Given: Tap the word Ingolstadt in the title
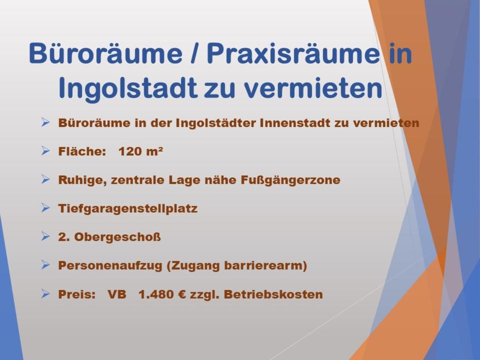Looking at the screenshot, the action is click(x=127, y=89).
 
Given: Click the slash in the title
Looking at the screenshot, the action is click(x=194, y=53).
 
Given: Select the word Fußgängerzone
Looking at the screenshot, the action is click(x=290, y=180).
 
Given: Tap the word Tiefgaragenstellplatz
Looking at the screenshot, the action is click(x=127, y=209).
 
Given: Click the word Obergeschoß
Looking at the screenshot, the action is click(x=117, y=237).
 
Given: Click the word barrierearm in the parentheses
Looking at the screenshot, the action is click(x=263, y=265).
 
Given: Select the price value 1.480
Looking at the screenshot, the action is click(x=158, y=294).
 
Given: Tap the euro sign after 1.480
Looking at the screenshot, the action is click(x=183, y=294).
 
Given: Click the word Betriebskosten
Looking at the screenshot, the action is click(x=273, y=294).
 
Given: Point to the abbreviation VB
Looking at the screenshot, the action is click(x=117, y=294).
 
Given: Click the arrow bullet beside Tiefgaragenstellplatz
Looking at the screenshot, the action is click(x=45, y=208).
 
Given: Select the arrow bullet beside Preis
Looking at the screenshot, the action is click(x=45, y=293).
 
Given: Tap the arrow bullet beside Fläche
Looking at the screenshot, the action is click(x=45, y=150).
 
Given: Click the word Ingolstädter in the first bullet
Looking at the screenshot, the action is click(x=216, y=123).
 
